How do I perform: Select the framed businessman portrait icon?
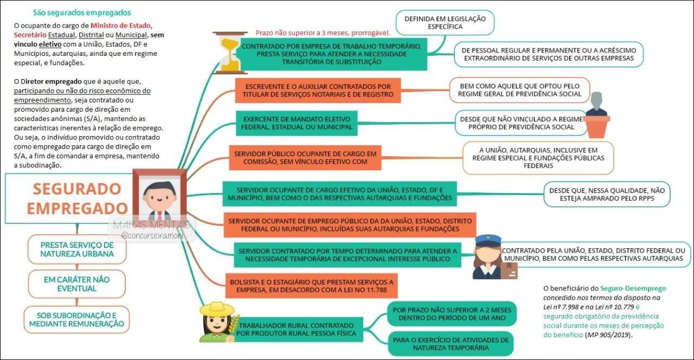(159, 196)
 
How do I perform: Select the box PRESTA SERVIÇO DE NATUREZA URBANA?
(77, 249)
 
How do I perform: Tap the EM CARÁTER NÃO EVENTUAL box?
(77, 284)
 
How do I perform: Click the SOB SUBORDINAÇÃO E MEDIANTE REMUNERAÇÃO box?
(77, 319)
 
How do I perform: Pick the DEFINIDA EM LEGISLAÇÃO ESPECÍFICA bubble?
(445, 22)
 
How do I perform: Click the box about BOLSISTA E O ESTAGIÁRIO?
(311, 286)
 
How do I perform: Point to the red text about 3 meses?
(323, 33)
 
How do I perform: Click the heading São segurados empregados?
(82, 12)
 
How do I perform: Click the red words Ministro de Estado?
(121, 25)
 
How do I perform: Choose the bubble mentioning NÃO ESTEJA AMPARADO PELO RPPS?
(607, 194)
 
